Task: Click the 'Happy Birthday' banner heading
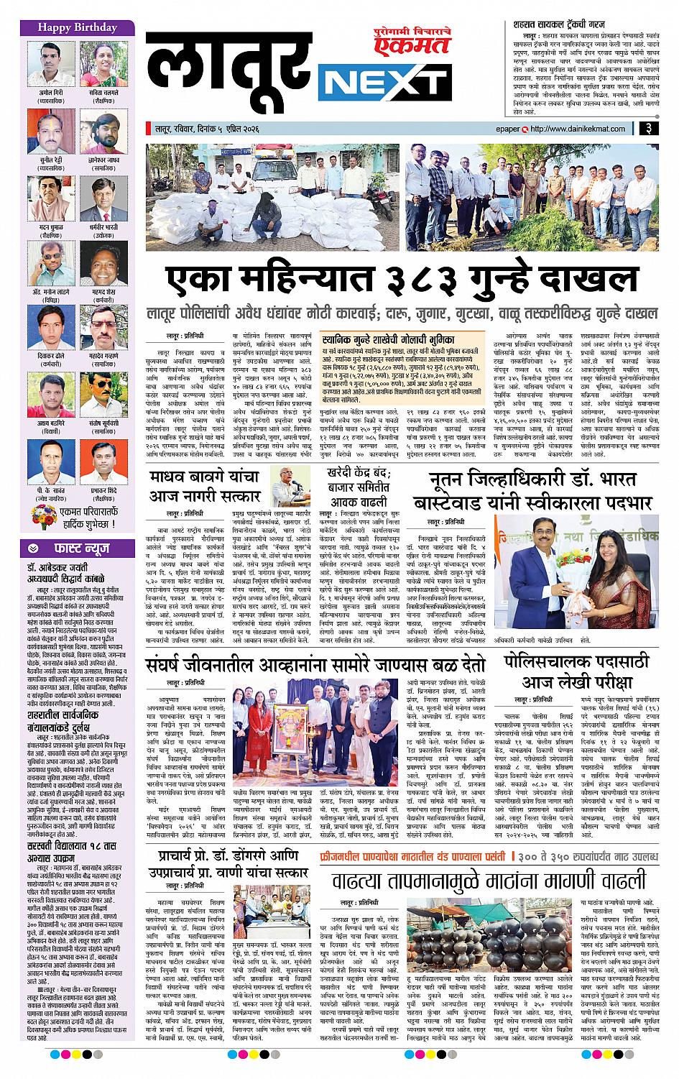click(x=68, y=27)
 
